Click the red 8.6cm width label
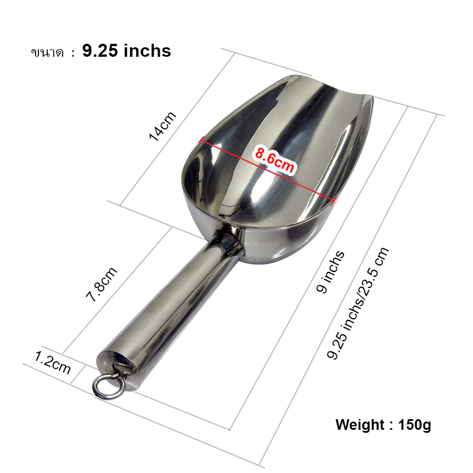[274, 159]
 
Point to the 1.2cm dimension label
[53, 362]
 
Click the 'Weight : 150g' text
[383, 425]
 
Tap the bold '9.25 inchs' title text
[127, 51]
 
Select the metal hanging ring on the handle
[104, 383]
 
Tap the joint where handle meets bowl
[227, 242]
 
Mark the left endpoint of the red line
[202, 140]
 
